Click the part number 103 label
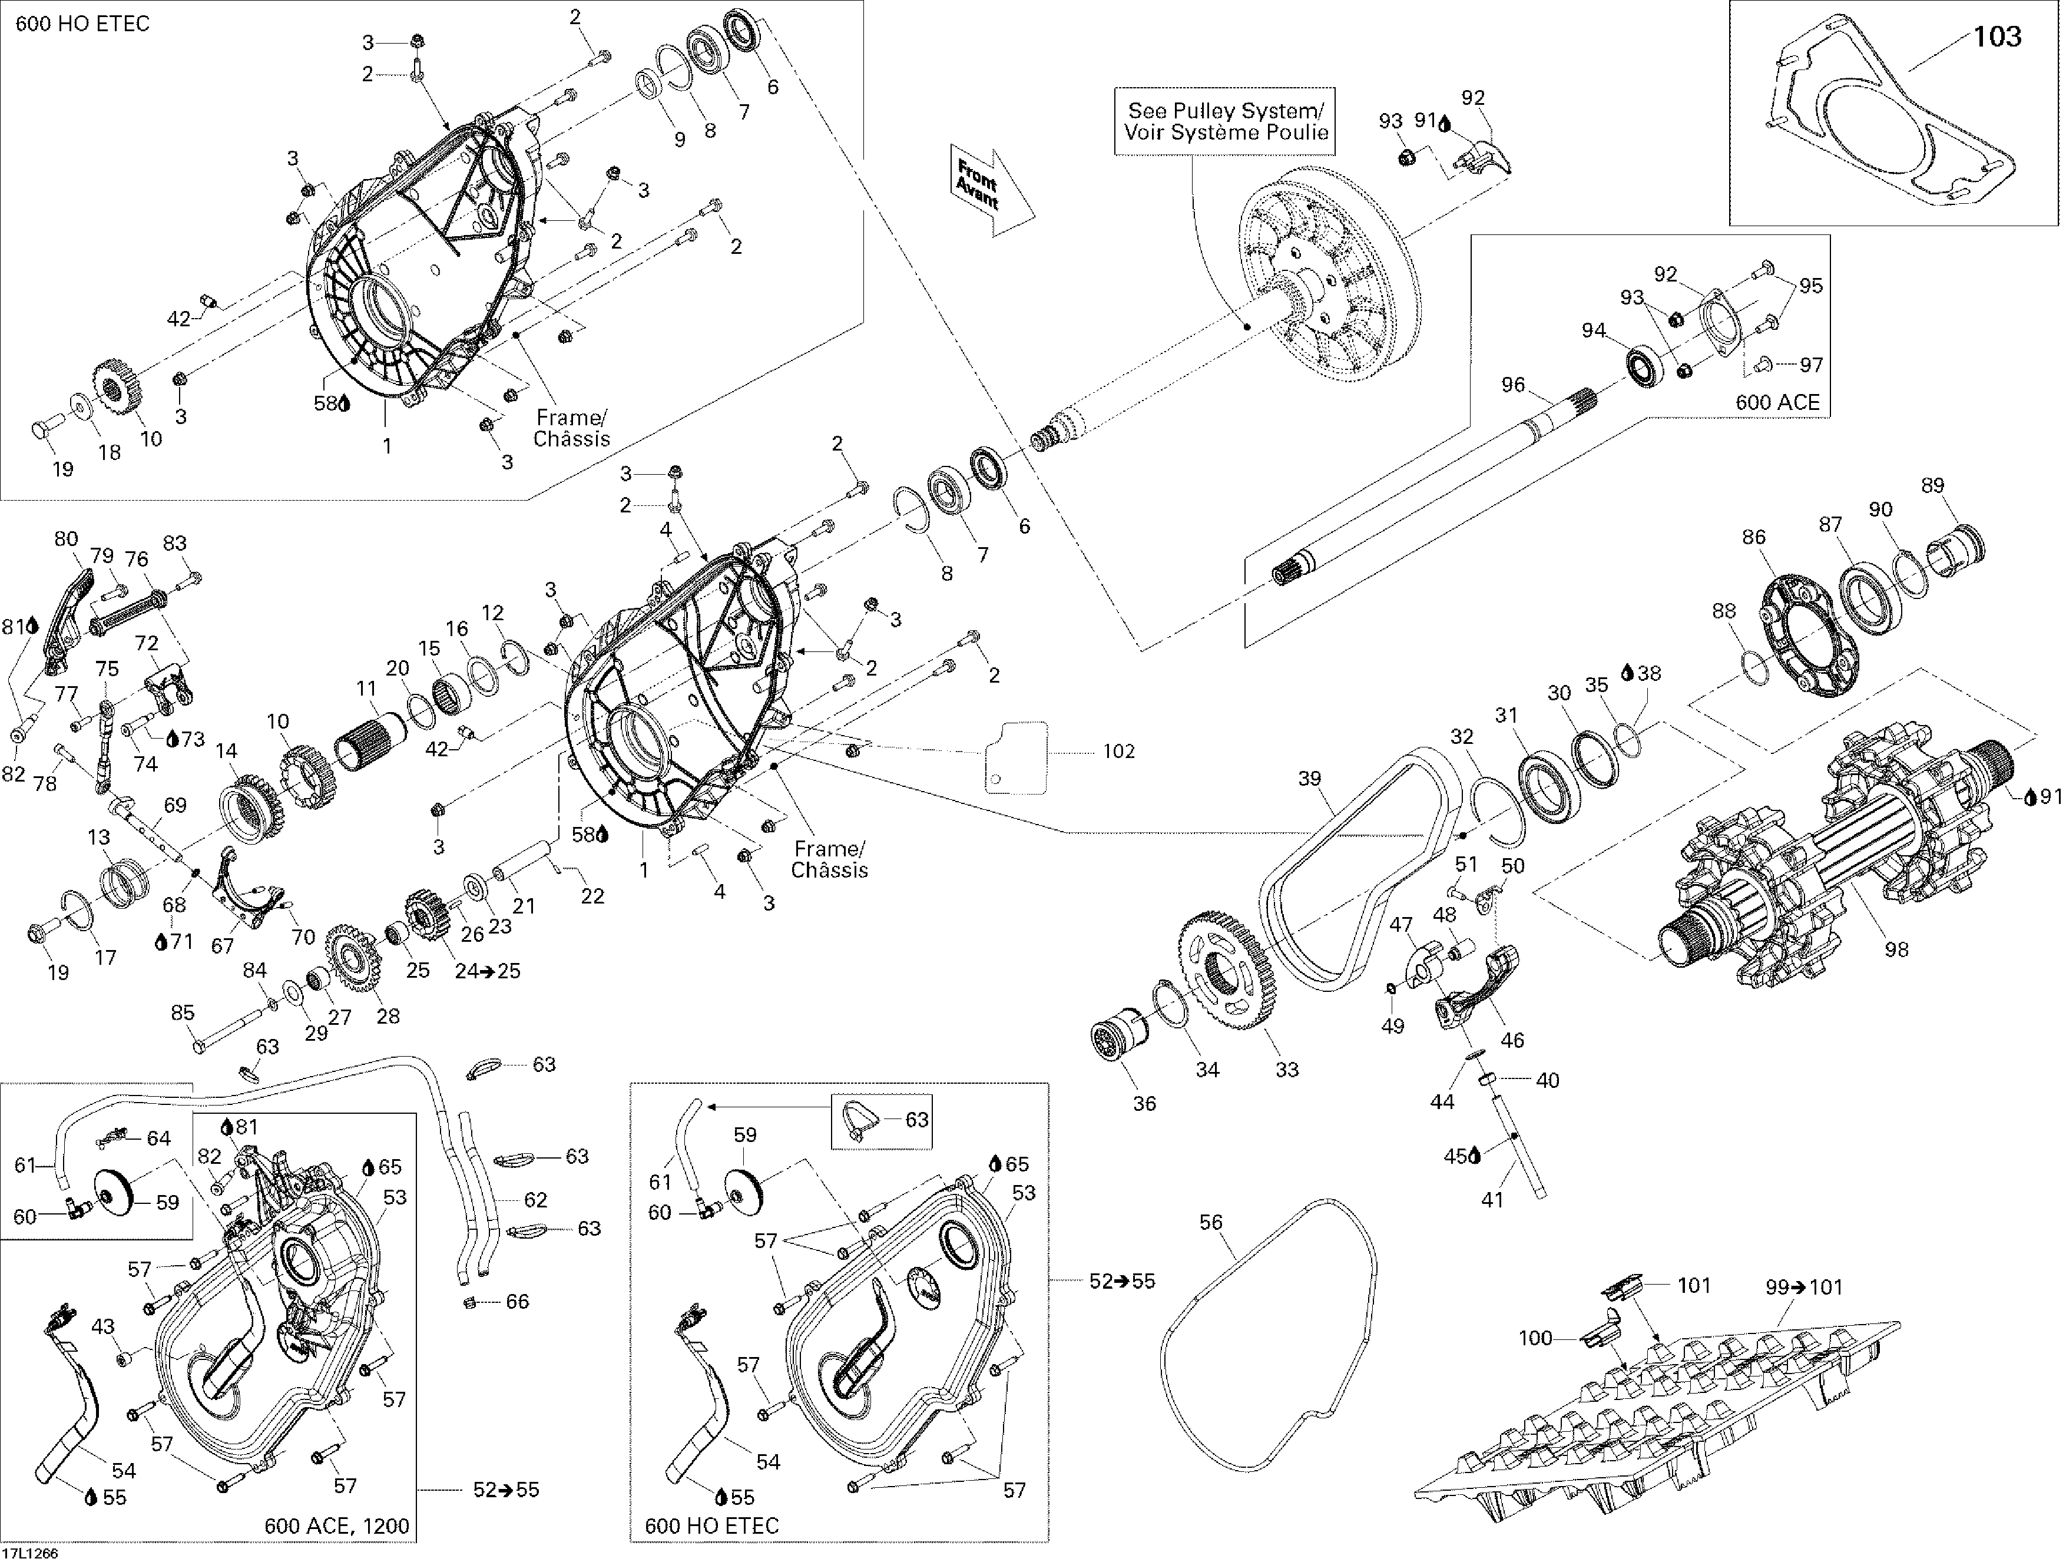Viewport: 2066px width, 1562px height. pos(1997,37)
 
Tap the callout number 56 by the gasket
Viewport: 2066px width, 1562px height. pos(1210,1222)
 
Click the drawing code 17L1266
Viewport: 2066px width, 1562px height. pos(31,1553)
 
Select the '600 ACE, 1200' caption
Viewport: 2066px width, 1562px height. pos(336,1525)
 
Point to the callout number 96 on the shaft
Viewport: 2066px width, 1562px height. pos(1513,385)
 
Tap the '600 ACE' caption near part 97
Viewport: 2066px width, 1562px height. pos(1777,403)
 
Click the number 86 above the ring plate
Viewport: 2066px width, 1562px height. pos(1754,537)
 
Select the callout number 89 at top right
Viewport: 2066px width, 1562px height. pos(1932,485)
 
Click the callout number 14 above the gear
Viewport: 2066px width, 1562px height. pos(226,750)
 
